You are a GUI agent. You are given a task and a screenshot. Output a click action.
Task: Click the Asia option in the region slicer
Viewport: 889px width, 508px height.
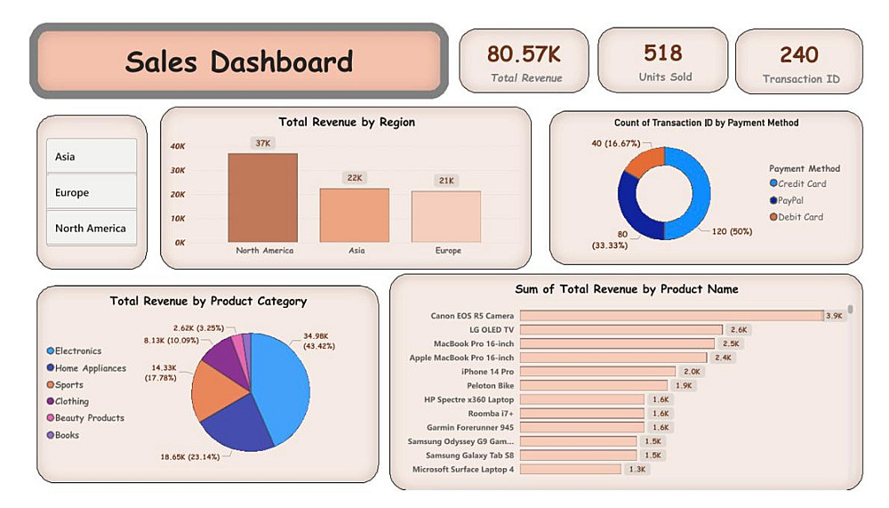click(x=91, y=157)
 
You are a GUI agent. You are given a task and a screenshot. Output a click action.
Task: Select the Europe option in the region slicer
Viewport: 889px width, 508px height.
click(x=91, y=192)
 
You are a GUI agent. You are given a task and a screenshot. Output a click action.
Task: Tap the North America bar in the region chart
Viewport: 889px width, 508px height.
click(x=263, y=198)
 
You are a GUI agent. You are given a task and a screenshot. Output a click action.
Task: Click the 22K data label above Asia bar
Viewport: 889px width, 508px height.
click(x=355, y=178)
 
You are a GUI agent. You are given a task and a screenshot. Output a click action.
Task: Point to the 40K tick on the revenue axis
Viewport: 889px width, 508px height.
click(x=177, y=146)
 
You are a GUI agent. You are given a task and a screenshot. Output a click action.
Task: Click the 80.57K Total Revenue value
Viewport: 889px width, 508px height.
click(x=524, y=53)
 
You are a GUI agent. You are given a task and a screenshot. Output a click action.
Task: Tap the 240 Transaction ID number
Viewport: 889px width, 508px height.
click(x=799, y=54)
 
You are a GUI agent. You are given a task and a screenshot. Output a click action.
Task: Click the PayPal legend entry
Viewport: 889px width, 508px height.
click(x=790, y=200)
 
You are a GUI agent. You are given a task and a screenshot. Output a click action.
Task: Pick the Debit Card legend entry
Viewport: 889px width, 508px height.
click(x=800, y=217)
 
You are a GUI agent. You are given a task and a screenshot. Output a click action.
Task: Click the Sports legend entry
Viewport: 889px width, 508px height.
click(x=68, y=385)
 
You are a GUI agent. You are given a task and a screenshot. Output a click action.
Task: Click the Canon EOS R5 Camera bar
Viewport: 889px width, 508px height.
click(x=671, y=316)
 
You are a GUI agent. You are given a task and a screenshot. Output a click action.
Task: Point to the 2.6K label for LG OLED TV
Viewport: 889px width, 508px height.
click(x=738, y=330)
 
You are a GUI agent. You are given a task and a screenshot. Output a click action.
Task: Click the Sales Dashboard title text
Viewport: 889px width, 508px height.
click(x=238, y=61)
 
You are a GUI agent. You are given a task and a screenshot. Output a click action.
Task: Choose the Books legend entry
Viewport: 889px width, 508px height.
click(x=67, y=435)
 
